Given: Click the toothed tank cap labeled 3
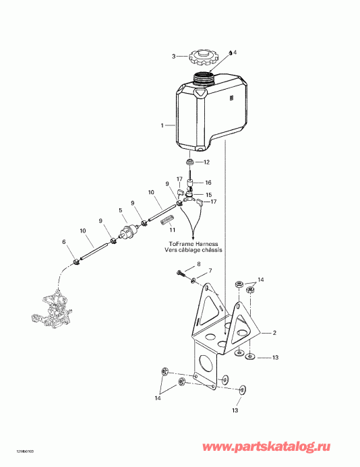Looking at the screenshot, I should [x=201, y=56].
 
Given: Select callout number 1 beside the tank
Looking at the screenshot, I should [x=162, y=125].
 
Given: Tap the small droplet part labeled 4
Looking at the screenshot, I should [x=230, y=53].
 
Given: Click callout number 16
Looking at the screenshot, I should [x=208, y=182].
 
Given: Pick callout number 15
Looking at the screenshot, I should [x=208, y=195].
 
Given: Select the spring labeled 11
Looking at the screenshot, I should [x=171, y=219].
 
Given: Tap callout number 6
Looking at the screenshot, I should [x=64, y=242].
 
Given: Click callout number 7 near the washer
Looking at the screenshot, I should [x=209, y=271].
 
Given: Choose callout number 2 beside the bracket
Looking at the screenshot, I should [x=275, y=333].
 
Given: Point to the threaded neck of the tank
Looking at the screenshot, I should [x=202, y=77].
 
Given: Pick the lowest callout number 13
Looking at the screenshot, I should [x=236, y=409].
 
